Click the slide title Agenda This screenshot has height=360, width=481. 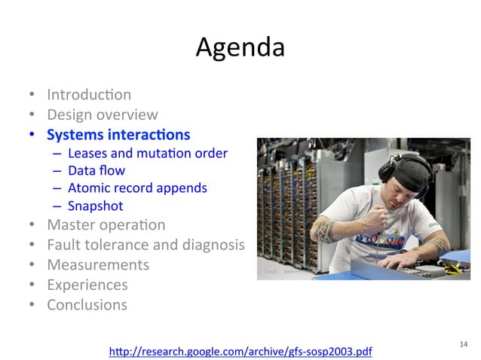240,47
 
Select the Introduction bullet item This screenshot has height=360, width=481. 88,95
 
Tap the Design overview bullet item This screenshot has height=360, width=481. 102,115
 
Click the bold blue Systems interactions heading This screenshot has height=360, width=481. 118,136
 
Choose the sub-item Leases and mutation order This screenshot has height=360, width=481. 147,154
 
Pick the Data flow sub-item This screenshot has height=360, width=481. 97,171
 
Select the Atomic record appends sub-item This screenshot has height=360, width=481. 136,188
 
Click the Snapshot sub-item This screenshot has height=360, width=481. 95,206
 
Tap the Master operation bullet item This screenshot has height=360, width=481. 106,224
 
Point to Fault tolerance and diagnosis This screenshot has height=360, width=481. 146,245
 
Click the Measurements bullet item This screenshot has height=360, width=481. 98,265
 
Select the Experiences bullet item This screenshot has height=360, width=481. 87,285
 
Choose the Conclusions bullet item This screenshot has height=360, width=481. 87,305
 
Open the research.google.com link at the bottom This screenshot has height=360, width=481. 240,351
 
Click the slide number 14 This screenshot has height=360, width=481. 463,344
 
